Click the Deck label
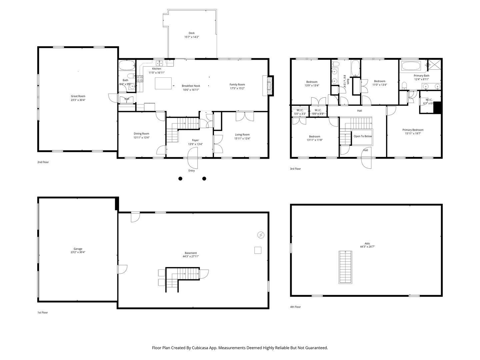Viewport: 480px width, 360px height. click(x=191, y=33)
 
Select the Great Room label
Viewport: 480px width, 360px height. click(x=78, y=96)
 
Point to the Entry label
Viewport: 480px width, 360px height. click(x=192, y=171)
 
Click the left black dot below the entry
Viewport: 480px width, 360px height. click(x=180, y=179)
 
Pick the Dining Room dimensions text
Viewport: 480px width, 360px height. click(x=141, y=138)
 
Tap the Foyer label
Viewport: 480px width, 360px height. click(x=195, y=140)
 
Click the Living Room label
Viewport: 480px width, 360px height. click(x=242, y=135)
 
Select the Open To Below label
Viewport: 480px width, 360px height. click(x=363, y=136)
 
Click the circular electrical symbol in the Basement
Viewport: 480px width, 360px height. click(x=261, y=235)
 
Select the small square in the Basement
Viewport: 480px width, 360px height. click(x=257, y=250)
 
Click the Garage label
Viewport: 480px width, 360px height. click(x=78, y=249)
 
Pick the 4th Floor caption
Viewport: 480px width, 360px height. click(x=295, y=307)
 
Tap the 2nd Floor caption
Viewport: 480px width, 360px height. click(x=43, y=162)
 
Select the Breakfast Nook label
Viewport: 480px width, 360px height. click(x=191, y=86)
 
